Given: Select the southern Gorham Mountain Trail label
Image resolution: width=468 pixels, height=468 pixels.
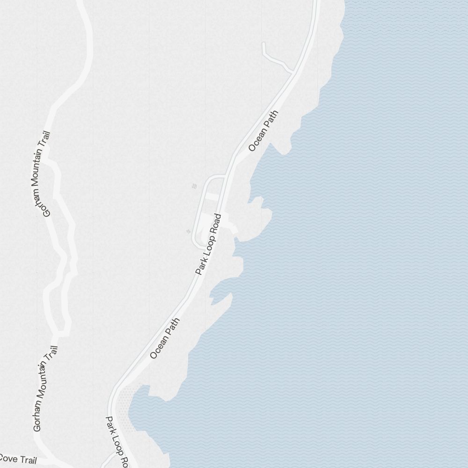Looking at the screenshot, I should [x=45, y=388].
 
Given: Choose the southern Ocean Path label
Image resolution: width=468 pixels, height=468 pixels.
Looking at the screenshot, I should [x=165, y=338].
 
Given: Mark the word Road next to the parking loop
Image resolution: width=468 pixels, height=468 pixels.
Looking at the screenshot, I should [x=216, y=225].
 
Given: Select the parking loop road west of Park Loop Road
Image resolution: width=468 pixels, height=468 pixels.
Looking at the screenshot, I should [x=197, y=211].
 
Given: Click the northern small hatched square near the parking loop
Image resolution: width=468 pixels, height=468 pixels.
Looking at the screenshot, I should [x=194, y=186].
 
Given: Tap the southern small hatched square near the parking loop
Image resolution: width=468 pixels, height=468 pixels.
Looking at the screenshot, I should [x=188, y=231].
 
